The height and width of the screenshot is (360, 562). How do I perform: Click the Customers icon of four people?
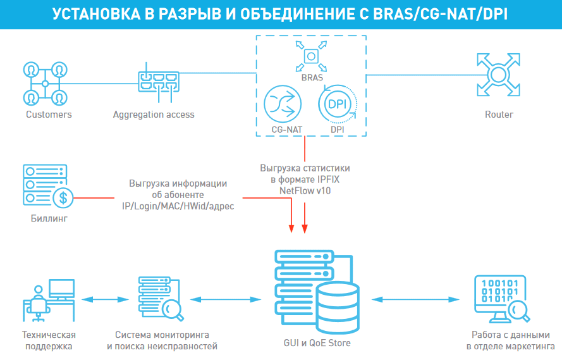tap(45, 83)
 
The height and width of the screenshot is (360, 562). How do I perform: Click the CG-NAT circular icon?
tap(282, 105)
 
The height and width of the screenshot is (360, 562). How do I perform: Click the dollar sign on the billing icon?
tap(63, 198)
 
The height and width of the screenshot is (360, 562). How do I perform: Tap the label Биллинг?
tap(49, 220)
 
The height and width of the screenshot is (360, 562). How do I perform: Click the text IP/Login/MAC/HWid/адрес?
tap(178, 206)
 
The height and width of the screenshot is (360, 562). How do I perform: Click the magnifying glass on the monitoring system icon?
tap(171, 310)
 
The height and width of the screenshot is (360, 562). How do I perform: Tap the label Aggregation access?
tap(154, 115)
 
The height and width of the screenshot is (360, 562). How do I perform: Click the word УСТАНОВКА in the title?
tap(95, 14)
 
